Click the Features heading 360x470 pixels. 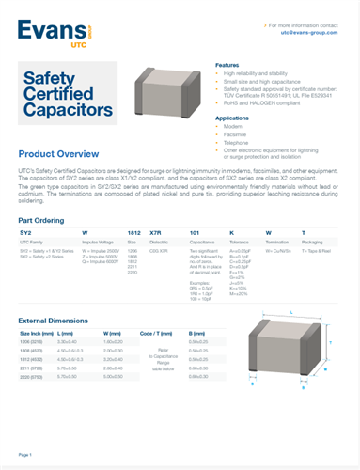pyautogui.click(x=229, y=64)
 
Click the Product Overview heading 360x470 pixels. pyautogui.click(x=61, y=152)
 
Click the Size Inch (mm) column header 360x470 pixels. pyautogui.click(x=37, y=333)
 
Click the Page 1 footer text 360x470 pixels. pyautogui.click(x=24, y=454)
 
